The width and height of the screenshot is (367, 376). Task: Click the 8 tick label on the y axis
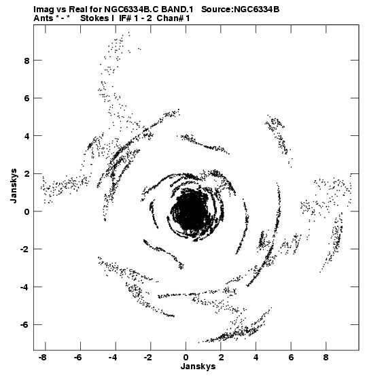[27, 61]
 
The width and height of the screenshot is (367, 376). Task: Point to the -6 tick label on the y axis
[24, 325]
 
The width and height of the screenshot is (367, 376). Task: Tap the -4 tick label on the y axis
[24, 287]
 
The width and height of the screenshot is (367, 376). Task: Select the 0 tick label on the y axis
[27, 211]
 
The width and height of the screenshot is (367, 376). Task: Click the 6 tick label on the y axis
[27, 99]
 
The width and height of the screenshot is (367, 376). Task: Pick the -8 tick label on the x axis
[43, 358]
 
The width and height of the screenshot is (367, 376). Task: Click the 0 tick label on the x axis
[186, 358]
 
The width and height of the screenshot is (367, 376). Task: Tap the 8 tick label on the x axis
[326, 358]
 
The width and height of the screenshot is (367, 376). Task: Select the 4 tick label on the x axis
[256, 358]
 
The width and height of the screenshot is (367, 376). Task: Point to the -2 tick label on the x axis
[148, 358]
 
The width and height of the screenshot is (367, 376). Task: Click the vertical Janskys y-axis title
[14, 186]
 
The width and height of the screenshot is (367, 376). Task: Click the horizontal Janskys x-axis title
[198, 366]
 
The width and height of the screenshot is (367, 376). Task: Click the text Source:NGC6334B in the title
[240, 10]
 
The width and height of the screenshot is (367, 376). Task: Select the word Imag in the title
[42, 10]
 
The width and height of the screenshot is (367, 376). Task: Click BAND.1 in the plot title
[177, 10]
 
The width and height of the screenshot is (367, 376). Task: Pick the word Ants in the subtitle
[43, 18]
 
